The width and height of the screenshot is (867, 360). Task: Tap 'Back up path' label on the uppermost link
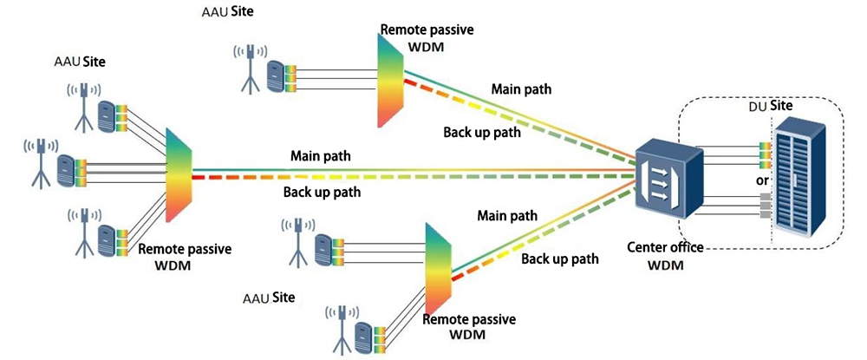(482, 132)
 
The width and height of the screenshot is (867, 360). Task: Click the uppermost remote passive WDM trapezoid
(390, 82)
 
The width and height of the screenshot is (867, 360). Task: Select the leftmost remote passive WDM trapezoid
(177, 173)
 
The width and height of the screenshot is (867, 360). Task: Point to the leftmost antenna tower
(40, 160)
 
